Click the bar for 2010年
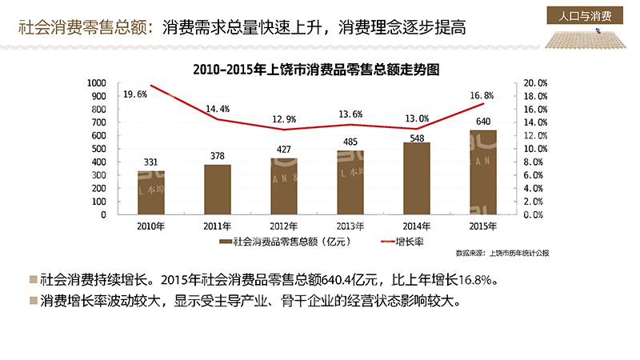tap(150, 192)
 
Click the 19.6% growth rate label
tap(135, 94)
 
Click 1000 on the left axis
tap(96, 82)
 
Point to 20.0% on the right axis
tap(535, 82)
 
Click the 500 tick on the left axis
tap(98, 149)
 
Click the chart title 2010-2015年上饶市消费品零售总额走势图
tap(317, 70)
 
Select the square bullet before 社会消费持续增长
tap(32, 280)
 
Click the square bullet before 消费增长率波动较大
tap(32, 302)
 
